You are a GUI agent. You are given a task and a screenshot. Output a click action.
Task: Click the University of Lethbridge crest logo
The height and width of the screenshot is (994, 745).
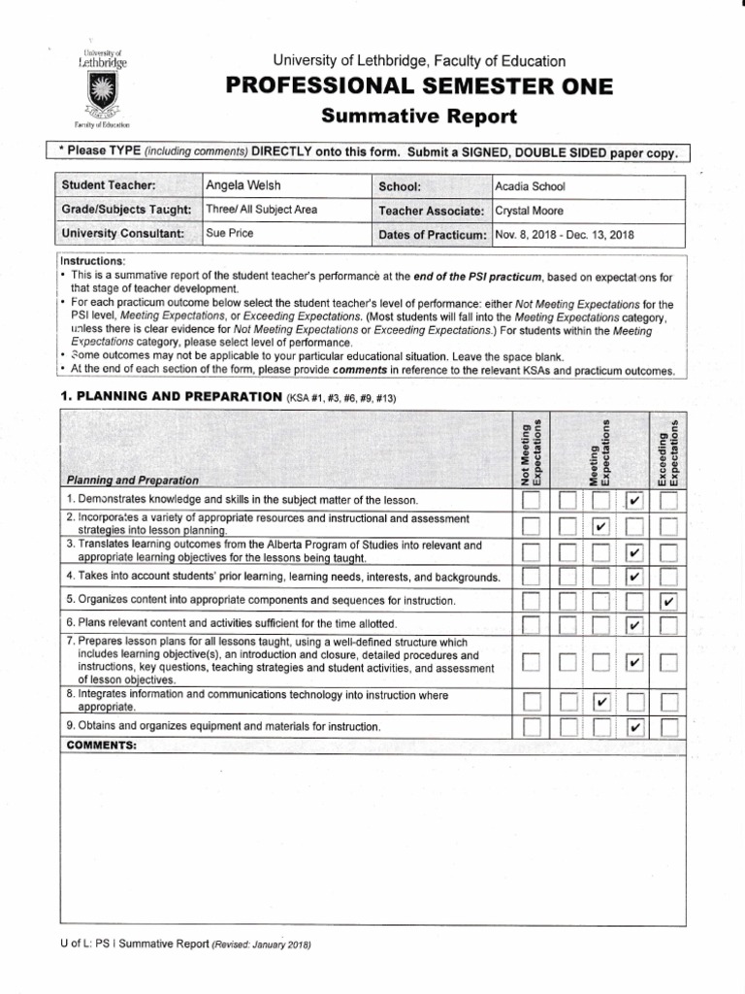tap(102, 92)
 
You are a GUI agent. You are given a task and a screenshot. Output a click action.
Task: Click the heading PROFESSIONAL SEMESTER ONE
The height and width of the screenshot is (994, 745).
tap(419, 87)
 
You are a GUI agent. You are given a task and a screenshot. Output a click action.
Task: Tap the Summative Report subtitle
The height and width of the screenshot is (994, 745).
tap(419, 117)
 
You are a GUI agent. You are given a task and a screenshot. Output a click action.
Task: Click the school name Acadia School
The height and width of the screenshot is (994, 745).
tap(530, 186)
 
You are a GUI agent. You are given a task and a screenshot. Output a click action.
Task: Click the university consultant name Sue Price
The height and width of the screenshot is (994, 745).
tap(230, 234)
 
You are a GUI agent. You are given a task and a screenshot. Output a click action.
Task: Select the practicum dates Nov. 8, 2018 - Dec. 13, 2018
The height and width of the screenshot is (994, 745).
tap(564, 235)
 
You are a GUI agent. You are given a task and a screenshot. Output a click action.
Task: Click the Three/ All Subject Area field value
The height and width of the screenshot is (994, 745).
tap(261, 210)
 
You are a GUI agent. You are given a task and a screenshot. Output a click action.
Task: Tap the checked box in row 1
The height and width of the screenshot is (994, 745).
tap(633, 501)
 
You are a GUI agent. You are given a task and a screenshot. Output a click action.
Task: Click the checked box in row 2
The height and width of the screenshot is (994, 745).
tap(600, 527)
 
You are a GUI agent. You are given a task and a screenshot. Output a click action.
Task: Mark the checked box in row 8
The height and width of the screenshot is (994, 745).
tap(600, 701)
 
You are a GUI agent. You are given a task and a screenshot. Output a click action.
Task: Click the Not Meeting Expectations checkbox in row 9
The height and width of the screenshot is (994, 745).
tap(531, 727)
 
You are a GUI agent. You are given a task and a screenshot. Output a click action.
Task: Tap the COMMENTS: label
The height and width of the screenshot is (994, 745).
tap(101, 745)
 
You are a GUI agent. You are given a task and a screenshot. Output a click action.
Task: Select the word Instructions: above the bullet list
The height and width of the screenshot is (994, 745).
tap(93, 261)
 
